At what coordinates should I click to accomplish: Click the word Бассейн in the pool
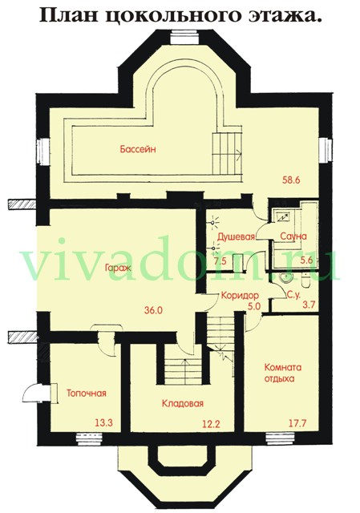pyautogui.click(x=138, y=150)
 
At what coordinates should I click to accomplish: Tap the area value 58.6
pyautogui.click(x=291, y=180)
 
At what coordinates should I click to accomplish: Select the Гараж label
pyautogui.click(x=118, y=268)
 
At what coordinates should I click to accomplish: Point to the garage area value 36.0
pyautogui.click(x=153, y=310)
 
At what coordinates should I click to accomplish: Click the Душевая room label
pyautogui.click(x=237, y=236)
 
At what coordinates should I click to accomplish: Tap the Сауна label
pyautogui.click(x=293, y=236)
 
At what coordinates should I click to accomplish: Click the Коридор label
pyautogui.click(x=240, y=296)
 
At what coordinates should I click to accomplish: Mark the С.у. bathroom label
pyautogui.click(x=293, y=296)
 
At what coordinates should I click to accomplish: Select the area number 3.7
pyautogui.click(x=309, y=305)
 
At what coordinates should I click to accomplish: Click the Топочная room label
pyautogui.click(x=87, y=393)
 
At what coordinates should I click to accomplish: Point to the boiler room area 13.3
pyautogui.click(x=103, y=423)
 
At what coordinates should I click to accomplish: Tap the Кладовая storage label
pyautogui.click(x=183, y=403)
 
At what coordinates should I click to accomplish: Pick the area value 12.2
pyautogui.click(x=210, y=424)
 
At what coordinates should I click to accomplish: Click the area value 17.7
pyautogui.click(x=297, y=423)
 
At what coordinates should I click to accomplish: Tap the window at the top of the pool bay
pyautogui.click(x=185, y=38)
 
